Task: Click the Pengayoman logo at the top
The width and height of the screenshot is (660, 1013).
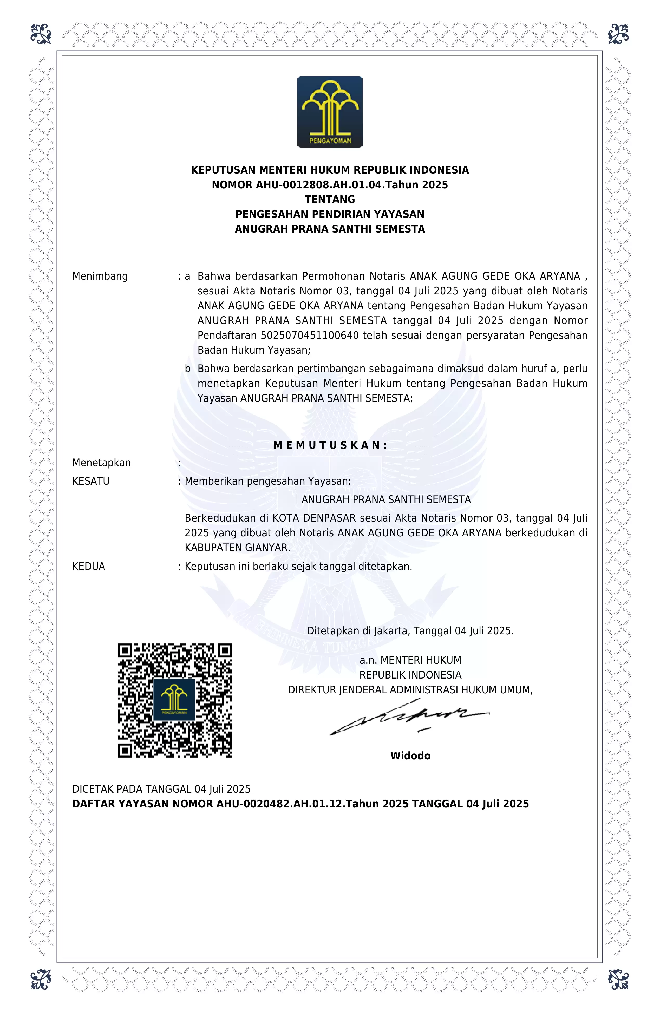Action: click(330, 112)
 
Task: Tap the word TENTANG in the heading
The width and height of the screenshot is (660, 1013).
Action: click(330, 199)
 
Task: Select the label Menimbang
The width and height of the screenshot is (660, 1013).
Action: click(100, 276)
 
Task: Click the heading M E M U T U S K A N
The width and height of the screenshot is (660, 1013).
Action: click(330, 445)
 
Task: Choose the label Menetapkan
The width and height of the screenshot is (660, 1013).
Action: click(101, 463)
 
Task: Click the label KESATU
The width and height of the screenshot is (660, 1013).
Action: click(91, 481)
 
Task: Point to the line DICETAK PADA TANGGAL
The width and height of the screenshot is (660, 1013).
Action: click(161, 789)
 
